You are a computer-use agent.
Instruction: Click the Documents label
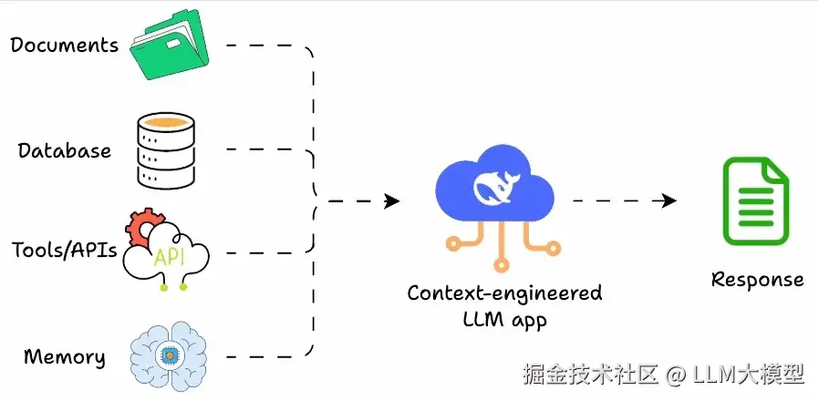(x=64, y=44)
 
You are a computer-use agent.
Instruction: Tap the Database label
(x=64, y=150)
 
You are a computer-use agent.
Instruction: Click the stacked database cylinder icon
(x=165, y=150)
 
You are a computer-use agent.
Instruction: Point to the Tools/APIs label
(x=64, y=250)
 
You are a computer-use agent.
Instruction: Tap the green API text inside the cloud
(x=169, y=257)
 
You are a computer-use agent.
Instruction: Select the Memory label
(x=64, y=356)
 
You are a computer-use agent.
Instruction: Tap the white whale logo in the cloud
(x=496, y=188)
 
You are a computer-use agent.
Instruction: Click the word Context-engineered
(x=504, y=293)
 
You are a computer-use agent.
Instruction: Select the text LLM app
(x=504, y=319)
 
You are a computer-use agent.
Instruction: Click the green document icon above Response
(x=755, y=200)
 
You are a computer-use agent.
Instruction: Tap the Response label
(x=757, y=279)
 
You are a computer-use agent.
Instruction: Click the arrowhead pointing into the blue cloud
(x=392, y=200)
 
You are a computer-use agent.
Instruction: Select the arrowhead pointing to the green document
(x=669, y=200)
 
